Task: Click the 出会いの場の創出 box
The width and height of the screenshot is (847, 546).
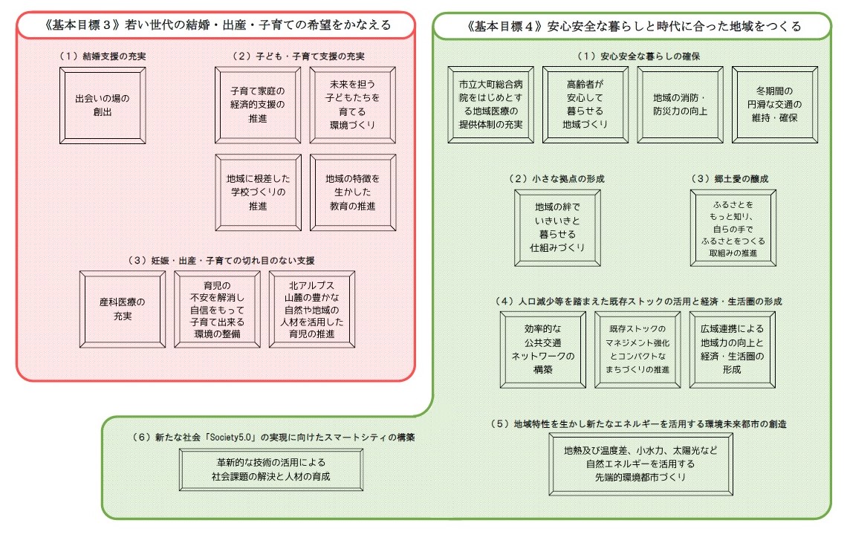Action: point(103,105)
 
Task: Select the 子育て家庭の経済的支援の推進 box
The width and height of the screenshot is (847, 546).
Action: point(258,105)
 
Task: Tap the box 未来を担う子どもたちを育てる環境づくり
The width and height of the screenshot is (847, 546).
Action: point(353,105)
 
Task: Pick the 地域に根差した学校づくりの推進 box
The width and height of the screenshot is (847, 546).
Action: point(259,193)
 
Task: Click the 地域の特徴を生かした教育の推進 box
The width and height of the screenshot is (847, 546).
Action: point(353,193)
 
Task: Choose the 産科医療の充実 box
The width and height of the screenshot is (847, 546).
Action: point(123,310)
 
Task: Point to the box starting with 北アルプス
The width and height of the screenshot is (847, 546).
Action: point(312,310)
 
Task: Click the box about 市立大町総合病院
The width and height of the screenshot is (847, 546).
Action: point(491,105)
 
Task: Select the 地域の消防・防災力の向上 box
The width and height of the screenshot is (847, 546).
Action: point(680,105)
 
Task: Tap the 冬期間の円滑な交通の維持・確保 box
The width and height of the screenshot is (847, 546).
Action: point(775,105)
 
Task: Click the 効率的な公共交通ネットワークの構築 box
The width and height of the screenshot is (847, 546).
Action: point(543,350)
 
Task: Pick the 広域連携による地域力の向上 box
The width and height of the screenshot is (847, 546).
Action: point(733,350)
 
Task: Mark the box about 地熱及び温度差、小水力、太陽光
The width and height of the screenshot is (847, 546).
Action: point(641,464)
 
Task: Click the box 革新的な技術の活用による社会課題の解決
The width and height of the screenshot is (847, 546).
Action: point(271,469)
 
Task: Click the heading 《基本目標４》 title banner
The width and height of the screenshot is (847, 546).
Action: point(632,27)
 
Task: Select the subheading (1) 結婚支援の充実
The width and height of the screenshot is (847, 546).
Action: point(103,56)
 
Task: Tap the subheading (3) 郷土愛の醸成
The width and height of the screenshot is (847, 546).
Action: point(730,179)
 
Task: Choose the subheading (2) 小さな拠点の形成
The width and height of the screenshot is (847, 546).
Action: point(557,179)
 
